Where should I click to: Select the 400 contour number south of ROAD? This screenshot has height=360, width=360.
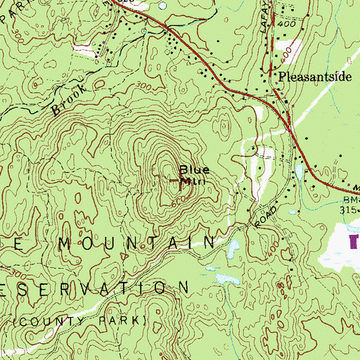pos(274,245)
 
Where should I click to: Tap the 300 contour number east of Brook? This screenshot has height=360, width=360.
pos(144,85)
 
